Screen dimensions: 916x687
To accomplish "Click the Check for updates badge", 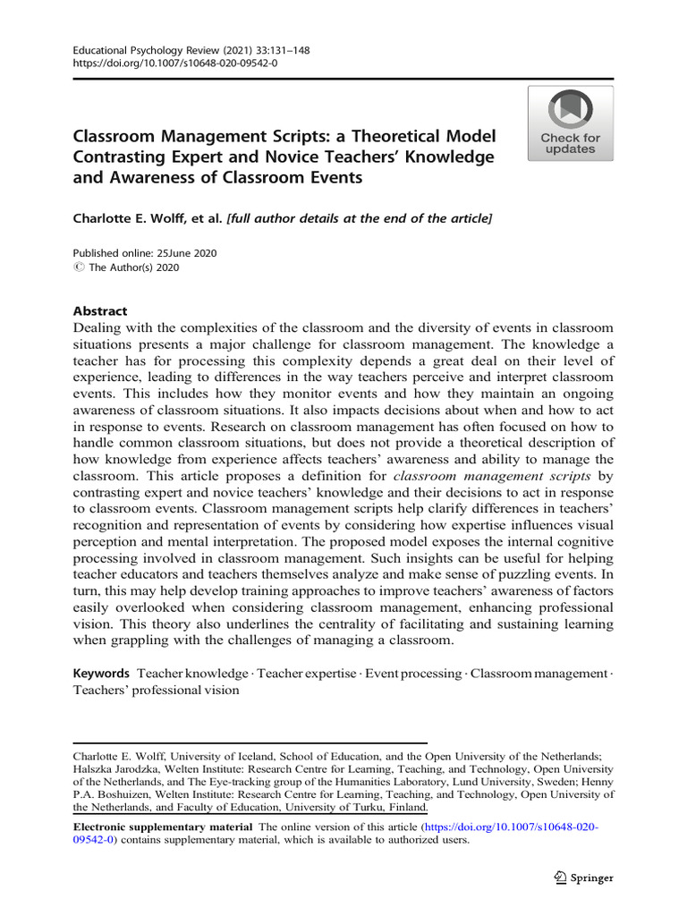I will point(570,124).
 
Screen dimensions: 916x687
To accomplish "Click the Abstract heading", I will point(99,311).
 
